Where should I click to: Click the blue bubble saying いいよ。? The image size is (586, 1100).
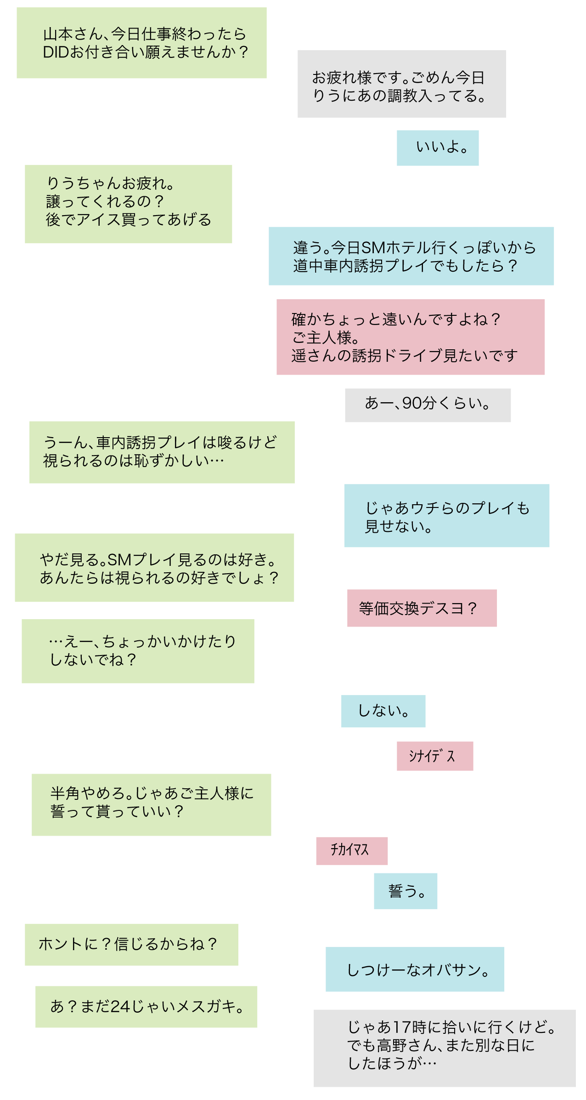tap(437, 148)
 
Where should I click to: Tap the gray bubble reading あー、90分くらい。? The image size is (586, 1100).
tap(428, 405)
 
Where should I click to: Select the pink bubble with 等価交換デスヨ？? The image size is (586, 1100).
tap(422, 608)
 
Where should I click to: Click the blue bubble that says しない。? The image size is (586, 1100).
tap(383, 711)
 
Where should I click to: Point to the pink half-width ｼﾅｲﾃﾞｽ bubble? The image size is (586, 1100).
tap(434, 756)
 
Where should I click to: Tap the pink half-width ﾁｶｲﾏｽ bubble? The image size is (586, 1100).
tap(351, 850)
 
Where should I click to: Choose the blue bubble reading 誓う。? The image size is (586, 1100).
tap(405, 891)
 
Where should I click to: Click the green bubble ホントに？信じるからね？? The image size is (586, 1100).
tap(131, 944)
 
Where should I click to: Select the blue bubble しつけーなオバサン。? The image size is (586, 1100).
tap(415, 969)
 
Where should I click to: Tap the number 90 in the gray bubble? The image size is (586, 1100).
tap(412, 403)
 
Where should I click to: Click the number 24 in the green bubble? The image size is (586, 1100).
tap(121, 1006)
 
